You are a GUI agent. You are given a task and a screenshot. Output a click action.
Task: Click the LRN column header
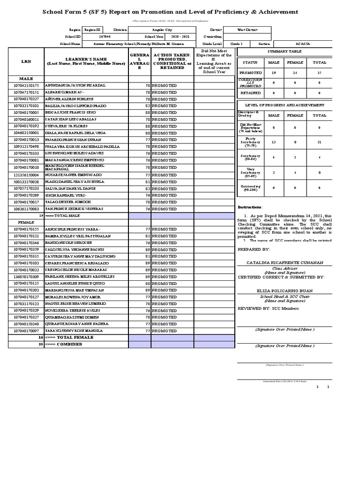pyautogui.click(x=26, y=61)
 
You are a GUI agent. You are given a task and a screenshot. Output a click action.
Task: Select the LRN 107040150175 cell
pyautogui.click(x=26, y=86)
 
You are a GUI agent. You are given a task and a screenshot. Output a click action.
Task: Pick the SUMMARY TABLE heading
pyautogui.click(x=285, y=51)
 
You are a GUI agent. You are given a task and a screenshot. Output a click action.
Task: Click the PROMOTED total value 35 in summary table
pyautogui.click(x=320, y=73)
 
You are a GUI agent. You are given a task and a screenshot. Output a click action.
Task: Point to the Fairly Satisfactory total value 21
pyautogui.click(x=320, y=142)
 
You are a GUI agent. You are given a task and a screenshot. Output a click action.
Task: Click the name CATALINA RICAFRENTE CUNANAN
pyautogui.click(x=285, y=263)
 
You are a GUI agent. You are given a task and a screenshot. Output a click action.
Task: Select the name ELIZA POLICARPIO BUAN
pyautogui.click(x=285, y=291)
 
